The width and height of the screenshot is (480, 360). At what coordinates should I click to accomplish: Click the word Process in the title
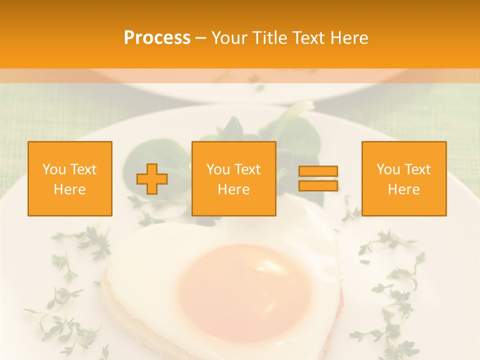pyautogui.click(x=157, y=38)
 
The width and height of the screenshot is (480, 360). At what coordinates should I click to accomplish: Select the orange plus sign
pyautogui.click(x=152, y=179)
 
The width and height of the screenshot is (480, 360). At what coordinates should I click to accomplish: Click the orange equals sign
pyautogui.click(x=318, y=178)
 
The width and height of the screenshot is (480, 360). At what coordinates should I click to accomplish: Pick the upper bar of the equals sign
pyautogui.click(x=318, y=171)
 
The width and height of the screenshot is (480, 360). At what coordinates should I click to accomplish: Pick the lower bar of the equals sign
pyautogui.click(x=318, y=185)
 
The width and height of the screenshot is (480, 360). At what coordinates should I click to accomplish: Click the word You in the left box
pyautogui.click(x=54, y=169)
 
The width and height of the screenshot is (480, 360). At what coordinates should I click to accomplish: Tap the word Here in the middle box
pyautogui.click(x=233, y=189)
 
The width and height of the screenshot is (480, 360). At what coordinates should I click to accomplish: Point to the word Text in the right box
pyautogui.click(x=417, y=169)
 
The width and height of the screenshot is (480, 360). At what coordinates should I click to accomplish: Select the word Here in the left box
pyautogui.click(x=70, y=189)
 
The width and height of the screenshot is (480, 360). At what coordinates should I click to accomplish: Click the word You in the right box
pyautogui.click(x=388, y=169)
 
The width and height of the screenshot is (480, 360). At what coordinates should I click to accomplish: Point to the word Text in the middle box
pyautogui.click(x=247, y=169)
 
